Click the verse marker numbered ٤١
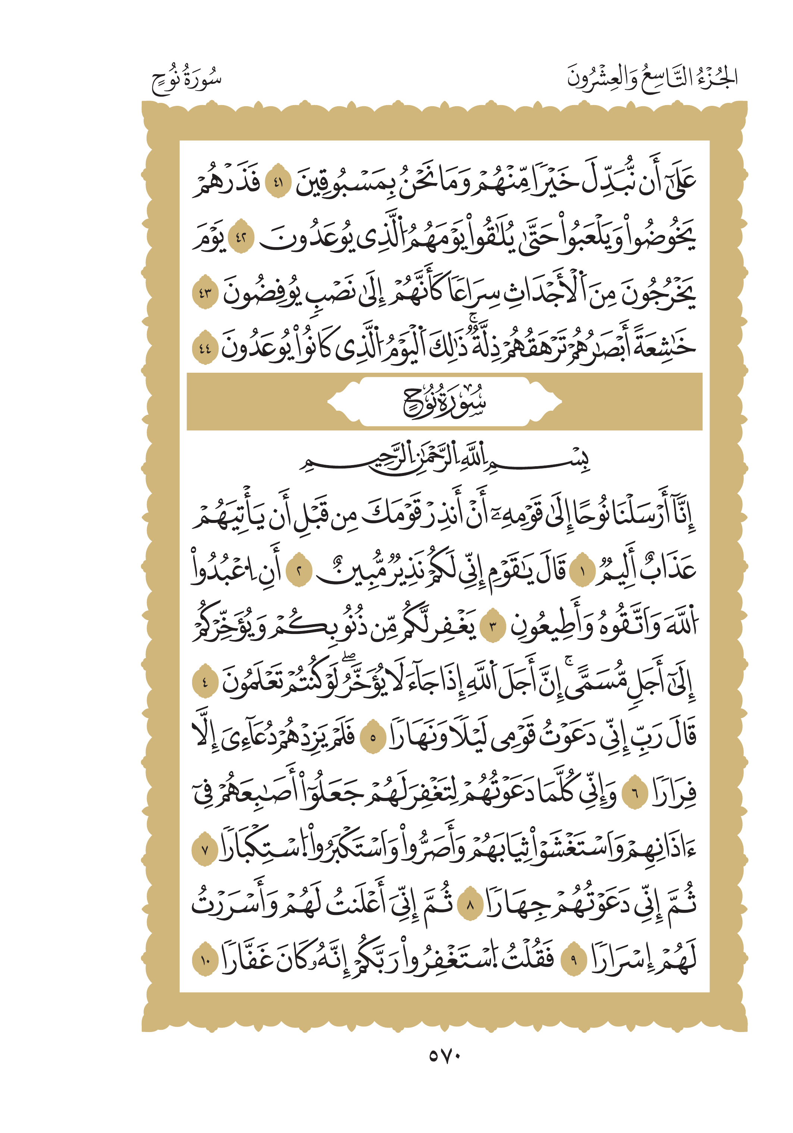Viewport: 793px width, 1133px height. (x=278, y=181)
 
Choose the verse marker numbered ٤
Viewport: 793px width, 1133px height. (x=204, y=683)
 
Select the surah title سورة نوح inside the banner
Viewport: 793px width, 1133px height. (x=444, y=402)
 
